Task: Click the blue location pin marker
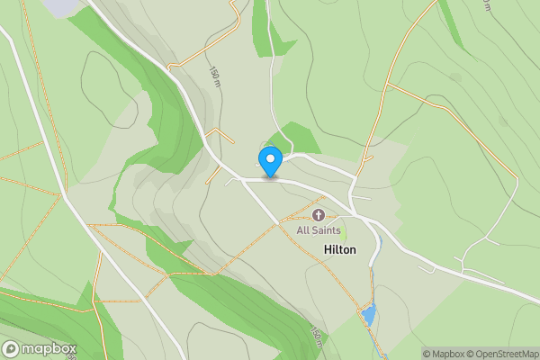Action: (x=270, y=161)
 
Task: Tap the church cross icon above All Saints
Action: (x=319, y=215)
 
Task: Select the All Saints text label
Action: (x=319, y=231)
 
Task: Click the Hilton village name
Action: (x=339, y=249)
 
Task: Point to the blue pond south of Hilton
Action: (x=368, y=315)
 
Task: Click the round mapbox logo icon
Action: (x=11, y=349)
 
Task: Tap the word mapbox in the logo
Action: (x=49, y=349)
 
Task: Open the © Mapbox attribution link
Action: (x=444, y=354)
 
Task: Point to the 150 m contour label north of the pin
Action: (x=214, y=77)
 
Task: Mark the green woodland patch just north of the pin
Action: (x=297, y=138)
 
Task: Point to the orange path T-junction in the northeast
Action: (x=386, y=86)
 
